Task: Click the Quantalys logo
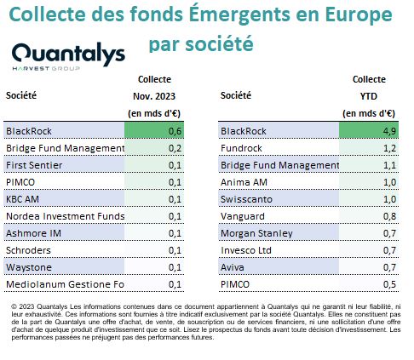(68, 56)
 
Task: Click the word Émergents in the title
(239, 14)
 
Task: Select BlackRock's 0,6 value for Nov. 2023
(175, 131)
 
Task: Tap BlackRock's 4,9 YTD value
(389, 131)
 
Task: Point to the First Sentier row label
(34, 165)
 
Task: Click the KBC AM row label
(22, 199)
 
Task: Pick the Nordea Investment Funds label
(66, 216)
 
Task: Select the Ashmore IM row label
(33, 233)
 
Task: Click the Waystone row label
(29, 267)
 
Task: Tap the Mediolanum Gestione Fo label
(65, 284)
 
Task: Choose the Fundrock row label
(241, 148)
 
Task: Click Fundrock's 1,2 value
(389, 148)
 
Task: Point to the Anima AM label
(244, 182)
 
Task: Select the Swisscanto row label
(246, 199)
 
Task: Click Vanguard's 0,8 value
(389, 216)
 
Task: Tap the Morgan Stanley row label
(256, 233)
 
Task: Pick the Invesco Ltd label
(246, 250)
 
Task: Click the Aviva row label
(233, 267)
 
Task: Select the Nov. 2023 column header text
(154, 96)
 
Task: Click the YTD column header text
(369, 96)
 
